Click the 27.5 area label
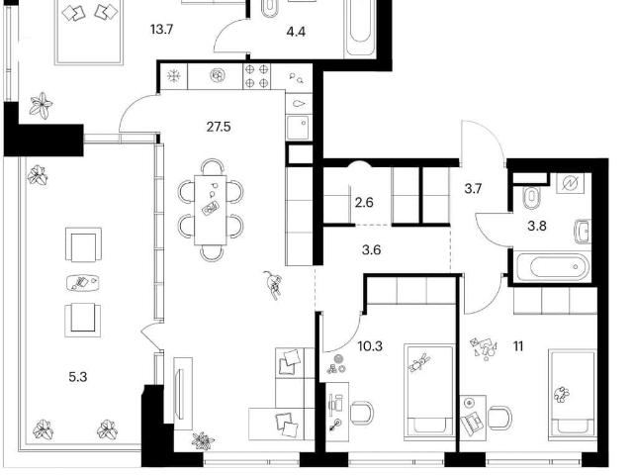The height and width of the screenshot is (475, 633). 219,127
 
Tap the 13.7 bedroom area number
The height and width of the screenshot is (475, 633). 161,30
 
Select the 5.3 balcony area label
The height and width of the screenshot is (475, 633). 78,377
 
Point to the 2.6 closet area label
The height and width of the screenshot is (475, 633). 364,202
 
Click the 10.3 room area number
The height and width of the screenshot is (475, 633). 370,345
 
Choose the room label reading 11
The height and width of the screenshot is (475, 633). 518,345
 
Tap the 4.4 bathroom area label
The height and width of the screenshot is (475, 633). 296,32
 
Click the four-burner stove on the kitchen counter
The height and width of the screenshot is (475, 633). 257,76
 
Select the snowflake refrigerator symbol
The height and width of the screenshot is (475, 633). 174,76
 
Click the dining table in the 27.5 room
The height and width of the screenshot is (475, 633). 211,210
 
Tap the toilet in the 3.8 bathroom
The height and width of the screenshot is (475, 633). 530,197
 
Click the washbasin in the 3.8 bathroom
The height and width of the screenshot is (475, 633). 583,232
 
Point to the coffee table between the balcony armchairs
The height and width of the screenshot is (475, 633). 83,282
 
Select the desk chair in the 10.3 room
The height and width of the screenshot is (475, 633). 362,412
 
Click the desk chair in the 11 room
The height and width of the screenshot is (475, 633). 499,418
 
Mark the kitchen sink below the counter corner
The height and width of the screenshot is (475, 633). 299,127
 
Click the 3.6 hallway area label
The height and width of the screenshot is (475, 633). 372,250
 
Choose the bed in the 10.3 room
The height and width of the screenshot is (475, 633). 429,391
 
